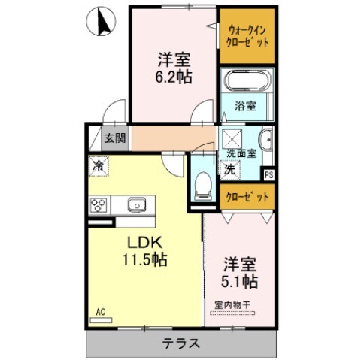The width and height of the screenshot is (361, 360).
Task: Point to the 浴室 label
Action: (x=245, y=106)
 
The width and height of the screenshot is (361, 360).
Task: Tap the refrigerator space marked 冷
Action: (x=98, y=164)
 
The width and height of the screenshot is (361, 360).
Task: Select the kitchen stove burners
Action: (x=100, y=204)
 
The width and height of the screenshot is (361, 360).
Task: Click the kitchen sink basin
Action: (x=137, y=204)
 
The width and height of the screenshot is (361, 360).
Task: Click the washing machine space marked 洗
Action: (x=229, y=170)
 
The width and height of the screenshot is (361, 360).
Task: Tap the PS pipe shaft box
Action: (x=268, y=174)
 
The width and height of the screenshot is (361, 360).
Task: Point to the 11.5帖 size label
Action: (x=141, y=260)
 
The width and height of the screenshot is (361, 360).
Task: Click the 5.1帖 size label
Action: (x=241, y=281)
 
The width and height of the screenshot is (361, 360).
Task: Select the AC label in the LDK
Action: (x=100, y=310)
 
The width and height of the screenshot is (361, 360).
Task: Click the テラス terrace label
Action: (x=181, y=344)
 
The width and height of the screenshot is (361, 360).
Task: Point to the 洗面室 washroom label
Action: (x=241, y=153)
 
